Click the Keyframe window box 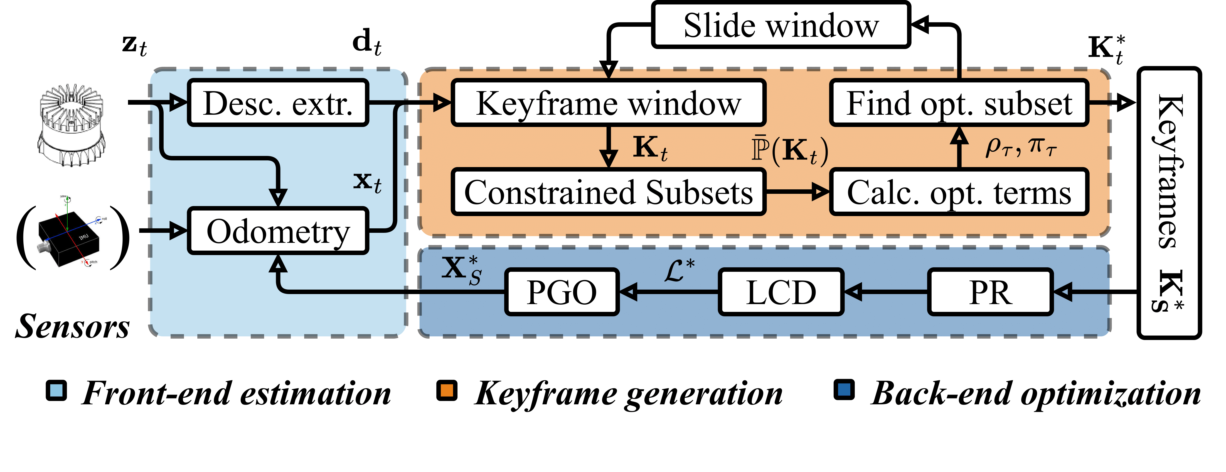pos(608,103)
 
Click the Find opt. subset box pos(959,103)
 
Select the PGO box pos(562,292)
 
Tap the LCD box pos(781,292)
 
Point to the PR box pos(990,292)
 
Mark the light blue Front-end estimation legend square pos(56,391)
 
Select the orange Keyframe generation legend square pos(446,391)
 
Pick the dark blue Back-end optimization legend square pos(844,391)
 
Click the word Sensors pos(72,327)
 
